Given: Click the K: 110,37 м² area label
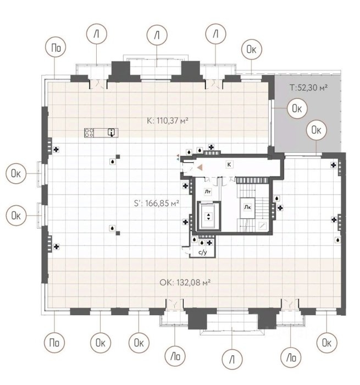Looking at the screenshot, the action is (168, 121).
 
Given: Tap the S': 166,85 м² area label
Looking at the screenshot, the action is (157, 203).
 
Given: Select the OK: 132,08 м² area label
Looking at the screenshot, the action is (185, 283).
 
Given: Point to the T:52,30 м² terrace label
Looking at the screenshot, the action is (309, 87).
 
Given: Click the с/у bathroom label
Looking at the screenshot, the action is (203, 252).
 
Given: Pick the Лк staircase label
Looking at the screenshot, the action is (247, 207).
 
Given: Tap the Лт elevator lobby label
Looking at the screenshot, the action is (208, 191).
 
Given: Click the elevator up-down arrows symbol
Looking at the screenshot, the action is (208, 216).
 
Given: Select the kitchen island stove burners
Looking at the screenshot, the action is (89, 133).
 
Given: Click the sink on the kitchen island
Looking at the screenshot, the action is (112, 133).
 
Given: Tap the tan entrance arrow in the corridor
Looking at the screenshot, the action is (200, 168).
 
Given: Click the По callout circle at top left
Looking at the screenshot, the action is (56, 47).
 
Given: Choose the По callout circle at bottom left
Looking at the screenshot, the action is (54, 342).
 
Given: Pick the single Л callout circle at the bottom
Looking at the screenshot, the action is (232, 359).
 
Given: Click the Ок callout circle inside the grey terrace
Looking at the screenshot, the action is (297, 108).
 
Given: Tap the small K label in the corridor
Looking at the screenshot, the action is (229, 164).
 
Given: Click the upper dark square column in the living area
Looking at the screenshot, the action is (118, 156).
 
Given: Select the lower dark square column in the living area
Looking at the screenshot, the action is (118, 233).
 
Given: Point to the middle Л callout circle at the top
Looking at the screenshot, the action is (157, 35).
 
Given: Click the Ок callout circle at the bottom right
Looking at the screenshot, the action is (326, 342).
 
